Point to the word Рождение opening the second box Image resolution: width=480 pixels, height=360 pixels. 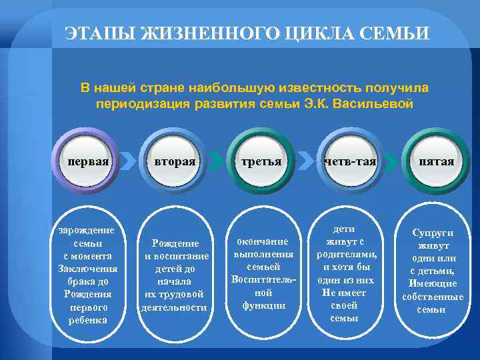[175, 244]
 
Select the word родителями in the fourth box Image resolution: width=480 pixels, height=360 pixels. [347, 254]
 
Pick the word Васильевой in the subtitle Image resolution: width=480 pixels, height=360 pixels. [374, 105]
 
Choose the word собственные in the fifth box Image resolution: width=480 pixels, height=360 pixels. [433, 297]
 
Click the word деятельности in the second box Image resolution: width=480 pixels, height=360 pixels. [174, 307]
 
